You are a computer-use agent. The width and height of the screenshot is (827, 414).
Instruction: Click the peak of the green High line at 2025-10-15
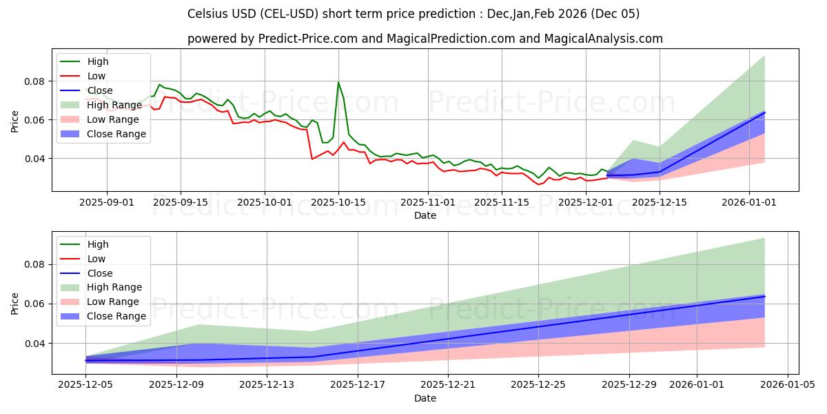click(338, 82)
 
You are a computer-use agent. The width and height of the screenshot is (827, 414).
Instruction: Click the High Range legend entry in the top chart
click(114, 105)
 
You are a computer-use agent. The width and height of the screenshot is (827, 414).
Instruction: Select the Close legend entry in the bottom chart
click(101, 273)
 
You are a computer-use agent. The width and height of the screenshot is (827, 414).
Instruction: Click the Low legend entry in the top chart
click(97, 76)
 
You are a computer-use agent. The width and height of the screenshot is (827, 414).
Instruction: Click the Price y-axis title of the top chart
click(15, 121)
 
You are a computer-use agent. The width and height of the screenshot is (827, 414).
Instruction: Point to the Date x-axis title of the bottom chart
click(425, 398)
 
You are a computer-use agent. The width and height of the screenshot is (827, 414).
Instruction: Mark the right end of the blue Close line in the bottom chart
click(764, 296)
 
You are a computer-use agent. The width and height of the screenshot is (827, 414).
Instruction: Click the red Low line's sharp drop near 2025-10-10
click(312, 159)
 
